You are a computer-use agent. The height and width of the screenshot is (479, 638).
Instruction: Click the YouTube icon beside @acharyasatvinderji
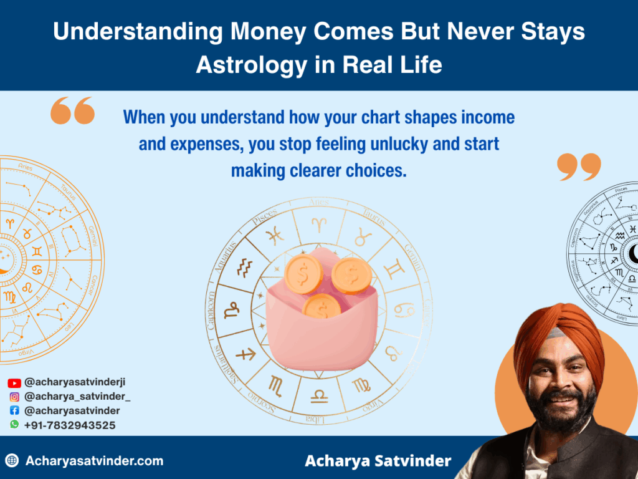click(14, 383)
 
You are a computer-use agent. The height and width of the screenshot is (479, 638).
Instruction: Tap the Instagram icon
click(14, 397)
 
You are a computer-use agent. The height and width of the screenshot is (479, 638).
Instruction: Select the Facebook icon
click(14, 411)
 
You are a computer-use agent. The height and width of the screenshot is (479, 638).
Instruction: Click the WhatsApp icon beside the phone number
click(14, 425)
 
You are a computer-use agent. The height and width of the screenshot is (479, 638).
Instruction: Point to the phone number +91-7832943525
click(70, 425)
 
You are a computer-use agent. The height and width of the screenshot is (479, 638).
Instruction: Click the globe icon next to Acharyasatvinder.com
click(12, 462)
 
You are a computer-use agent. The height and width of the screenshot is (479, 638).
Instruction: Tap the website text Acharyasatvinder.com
click(94, 462)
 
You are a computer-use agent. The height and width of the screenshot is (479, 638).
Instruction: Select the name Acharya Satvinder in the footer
click(378, 462)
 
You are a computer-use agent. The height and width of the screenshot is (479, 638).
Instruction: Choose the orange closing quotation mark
click(579, 167)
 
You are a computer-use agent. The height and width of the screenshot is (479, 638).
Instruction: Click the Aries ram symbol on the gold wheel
click(318, 221)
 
